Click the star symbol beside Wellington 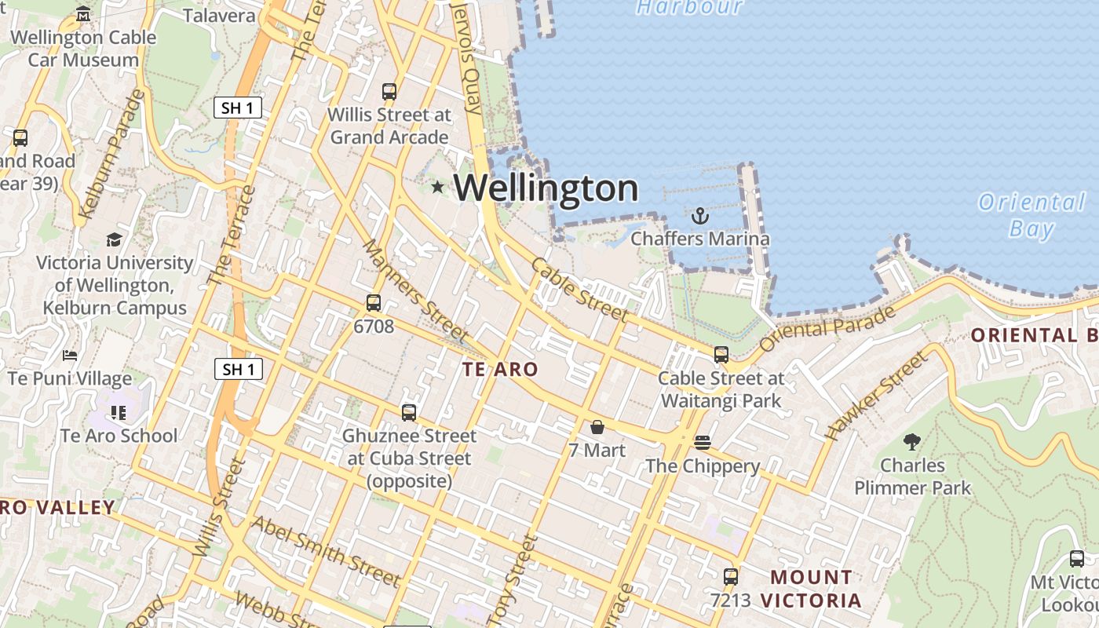point(438,187)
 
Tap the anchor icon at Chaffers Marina point(699,216)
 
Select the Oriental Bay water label point(1031,214)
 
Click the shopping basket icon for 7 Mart point(597,427)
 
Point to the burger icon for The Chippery point(703,443)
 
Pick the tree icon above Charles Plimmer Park point(912,442)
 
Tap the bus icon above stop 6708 point(374,302)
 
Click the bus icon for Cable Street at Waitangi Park point(721,355)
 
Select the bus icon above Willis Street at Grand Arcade point(389,91)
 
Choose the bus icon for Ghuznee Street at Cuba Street point(409,412)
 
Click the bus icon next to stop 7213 point(731,577)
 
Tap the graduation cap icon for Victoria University point(115,239)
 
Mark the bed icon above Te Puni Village point(70,356)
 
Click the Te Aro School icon point(119,412)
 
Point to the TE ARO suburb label point(500,369)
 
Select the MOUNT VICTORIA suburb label point(811,589)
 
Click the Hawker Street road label point(877,395)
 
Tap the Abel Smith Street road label point(325,551)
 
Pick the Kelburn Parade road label point(113,154)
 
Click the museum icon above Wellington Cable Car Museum point(83,14)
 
